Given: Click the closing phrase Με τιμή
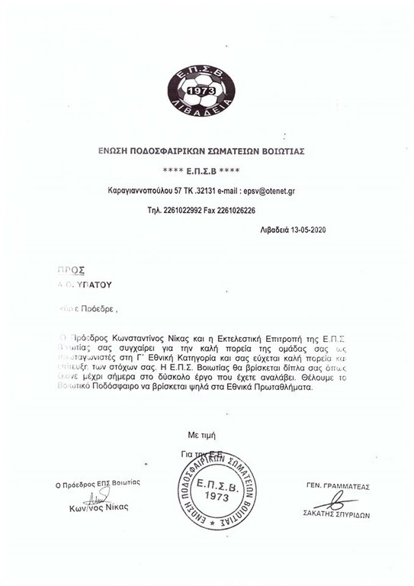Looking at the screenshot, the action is pos(202,434).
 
